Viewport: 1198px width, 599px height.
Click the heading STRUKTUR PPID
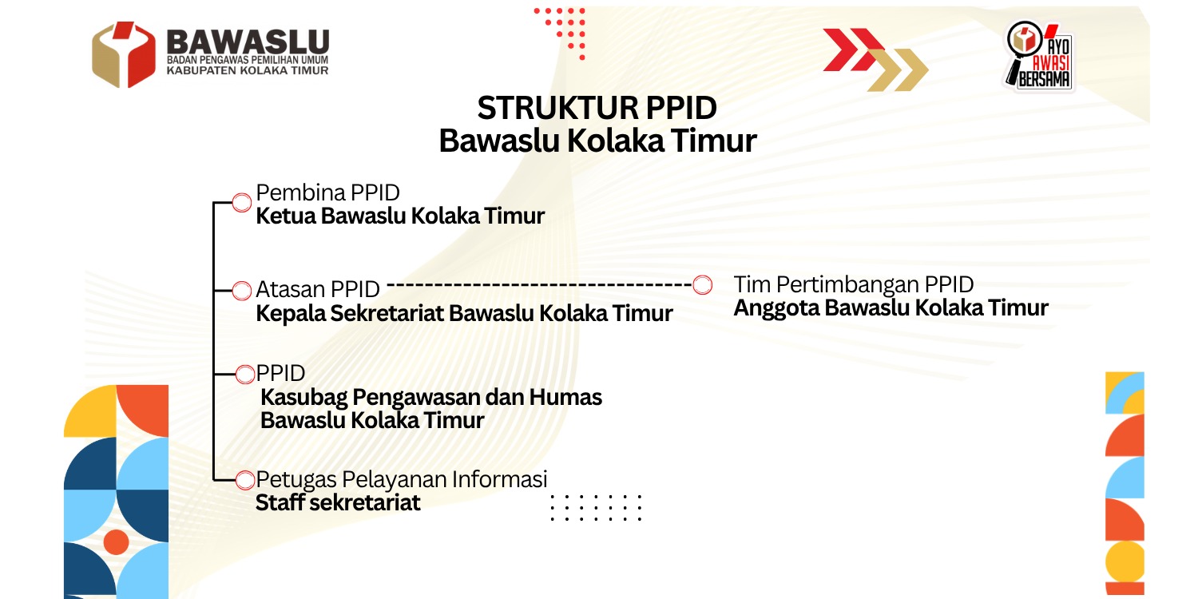tap(597, 108)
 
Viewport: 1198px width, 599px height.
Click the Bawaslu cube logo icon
tap(124, 54)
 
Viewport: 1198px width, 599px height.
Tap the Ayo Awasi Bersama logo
tap(1038, 56)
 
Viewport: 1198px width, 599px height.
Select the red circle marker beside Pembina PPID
tap(242, 203)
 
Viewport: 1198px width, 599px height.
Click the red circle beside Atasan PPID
tap(242, 291)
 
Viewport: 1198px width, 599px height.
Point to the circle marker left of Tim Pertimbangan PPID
tap(702, 284)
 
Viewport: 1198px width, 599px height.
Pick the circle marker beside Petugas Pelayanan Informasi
tap(245, 480)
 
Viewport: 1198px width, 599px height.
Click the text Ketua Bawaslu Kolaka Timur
tap(400, 216)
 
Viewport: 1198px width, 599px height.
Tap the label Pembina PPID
tap(327, 192)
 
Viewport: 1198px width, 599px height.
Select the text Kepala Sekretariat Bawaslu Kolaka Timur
tap(464, 313)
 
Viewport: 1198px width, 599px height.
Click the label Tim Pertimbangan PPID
tap(854, 284)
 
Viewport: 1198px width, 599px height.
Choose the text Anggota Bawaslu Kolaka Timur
tap(891, 308)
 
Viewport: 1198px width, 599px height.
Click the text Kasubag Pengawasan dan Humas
tap(431, 398)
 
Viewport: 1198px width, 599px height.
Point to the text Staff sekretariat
tap(338, 502)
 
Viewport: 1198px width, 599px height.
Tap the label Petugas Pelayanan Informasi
tap(402, 479)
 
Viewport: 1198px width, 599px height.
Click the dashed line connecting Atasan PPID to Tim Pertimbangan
tap(539, 285)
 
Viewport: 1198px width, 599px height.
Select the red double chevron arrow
tap(854, 50)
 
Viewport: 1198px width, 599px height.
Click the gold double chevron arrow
tap(898, 70)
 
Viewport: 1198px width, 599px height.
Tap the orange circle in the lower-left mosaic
tap(116, 541)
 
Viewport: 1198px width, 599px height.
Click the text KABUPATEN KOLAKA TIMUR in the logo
tap(248, 70)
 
